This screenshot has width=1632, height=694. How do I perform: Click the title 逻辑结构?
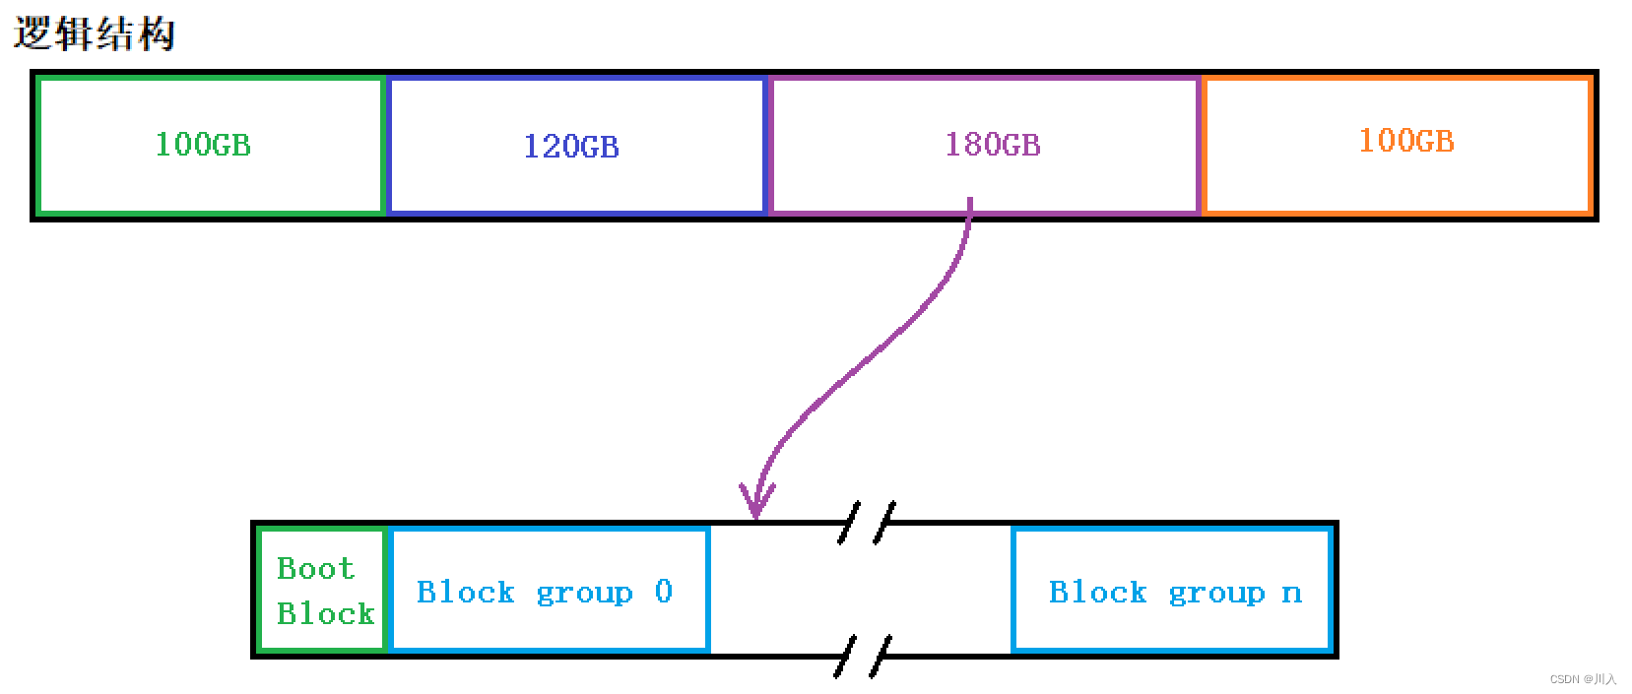click(95, 33)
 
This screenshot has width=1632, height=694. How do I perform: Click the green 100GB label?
click(203, 145)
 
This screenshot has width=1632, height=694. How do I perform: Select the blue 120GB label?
click(571, 147)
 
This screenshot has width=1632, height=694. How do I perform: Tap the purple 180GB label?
click(992, 145)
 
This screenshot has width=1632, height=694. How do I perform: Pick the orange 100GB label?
click(1405, 141)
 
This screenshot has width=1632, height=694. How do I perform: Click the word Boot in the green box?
click(314, 568)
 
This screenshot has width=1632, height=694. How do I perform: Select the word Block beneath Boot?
click(325, 613)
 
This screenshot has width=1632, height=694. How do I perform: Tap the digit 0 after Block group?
click(663, 591)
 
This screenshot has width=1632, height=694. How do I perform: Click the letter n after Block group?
click(1291, 593)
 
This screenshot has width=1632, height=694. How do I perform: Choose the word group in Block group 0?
click(584, 593)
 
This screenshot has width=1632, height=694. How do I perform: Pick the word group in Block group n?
click(1216, 593)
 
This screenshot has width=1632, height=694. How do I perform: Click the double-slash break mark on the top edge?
click(867, 522)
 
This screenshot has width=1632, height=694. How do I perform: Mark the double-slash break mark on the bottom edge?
click(863, 656)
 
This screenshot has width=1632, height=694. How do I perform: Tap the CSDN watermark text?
click(1583, 679)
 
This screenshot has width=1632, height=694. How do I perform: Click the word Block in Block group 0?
click(465, 592)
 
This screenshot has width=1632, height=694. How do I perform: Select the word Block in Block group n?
click(1097, 592)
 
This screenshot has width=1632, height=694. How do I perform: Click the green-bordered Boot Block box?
click(321, 589)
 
